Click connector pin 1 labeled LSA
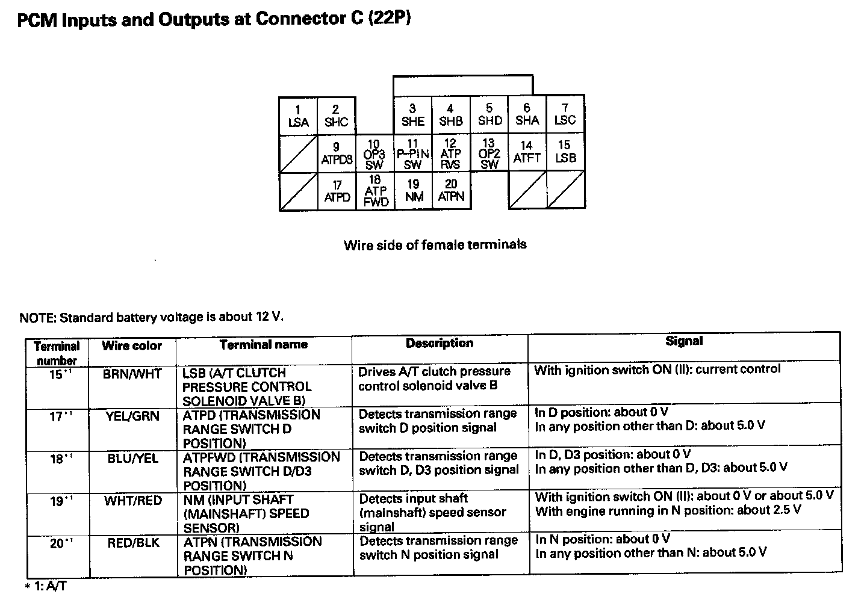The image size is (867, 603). coord(298,116)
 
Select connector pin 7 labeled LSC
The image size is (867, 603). coord(565,114)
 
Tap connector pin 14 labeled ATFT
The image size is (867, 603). coord(527,152)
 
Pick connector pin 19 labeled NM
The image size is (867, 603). coord(414,190)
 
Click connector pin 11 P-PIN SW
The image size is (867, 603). coord(412,154)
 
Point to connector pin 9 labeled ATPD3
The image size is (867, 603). coord(337,153)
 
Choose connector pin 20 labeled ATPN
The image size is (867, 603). coord(451,190)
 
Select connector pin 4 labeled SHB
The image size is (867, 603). coord(450,115)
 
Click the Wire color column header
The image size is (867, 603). coord(132,345)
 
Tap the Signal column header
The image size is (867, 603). coord(684,341)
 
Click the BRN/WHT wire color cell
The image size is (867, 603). coord(132,374)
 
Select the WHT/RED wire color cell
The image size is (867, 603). coord(132,500)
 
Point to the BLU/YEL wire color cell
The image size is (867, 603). coord(132,459)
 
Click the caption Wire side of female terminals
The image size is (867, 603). coord(435,245)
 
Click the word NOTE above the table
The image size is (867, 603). coord(37,318)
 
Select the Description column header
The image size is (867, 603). coord(440,343)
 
